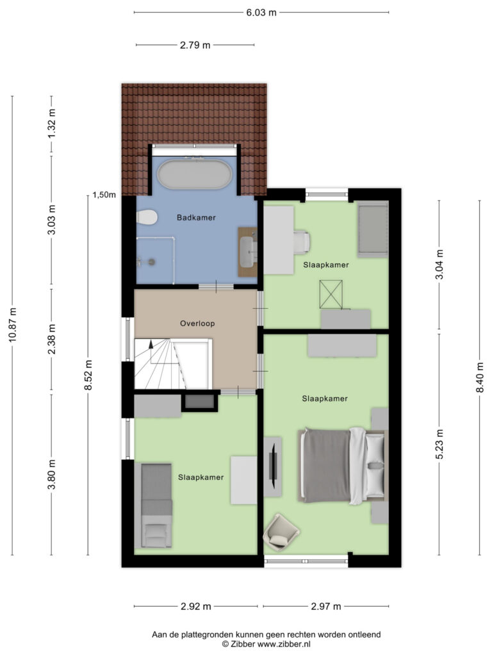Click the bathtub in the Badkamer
[194, 174]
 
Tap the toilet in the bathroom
[147, 218]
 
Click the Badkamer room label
[196, 218]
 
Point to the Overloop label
[197, 324]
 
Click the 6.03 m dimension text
[261, 13]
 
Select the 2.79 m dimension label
[195, 45]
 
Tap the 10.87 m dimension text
[13, 325]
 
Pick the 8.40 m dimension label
[480, 377]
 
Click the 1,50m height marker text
[104, 195]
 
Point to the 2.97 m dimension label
[326, 606]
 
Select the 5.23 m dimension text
[439, 444]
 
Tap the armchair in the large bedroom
[281, 532]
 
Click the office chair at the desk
[302, 242]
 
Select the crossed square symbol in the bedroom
[331, 295]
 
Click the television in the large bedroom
[273, 466]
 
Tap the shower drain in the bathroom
[151, 262]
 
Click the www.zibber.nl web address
[284, 644]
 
